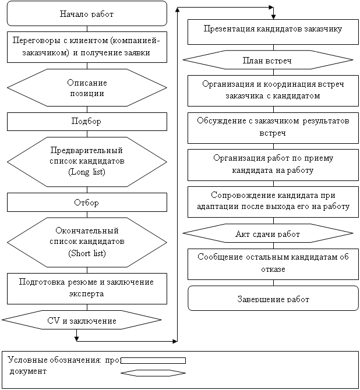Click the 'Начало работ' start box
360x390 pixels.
(x=87, y=13)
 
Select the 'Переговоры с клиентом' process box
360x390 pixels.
(x=87, y=47)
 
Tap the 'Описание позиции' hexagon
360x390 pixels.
(x=87, y=87)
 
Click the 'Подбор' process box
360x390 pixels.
(x=87, y=121)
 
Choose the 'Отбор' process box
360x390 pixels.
(x=87, y=203)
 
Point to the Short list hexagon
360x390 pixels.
(x=87, y=242)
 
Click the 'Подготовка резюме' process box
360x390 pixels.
(x=87, y=288)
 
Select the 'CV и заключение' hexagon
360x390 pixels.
(x=81, y=320)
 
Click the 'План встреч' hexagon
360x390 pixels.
(x=268, y=59)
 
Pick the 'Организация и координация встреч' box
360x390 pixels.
(x=273, y=90)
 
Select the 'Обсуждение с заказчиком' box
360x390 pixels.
(x=273, y=127)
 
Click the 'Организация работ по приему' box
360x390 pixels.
(x=273, y=164)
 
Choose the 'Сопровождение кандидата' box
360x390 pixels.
(x=273, y=201)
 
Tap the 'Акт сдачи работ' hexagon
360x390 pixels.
(x=268, y=233)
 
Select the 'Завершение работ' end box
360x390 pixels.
(x=273, y=299)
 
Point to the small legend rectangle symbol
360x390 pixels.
(x=153, y=360)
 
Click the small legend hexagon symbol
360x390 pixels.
(x=153, y=373)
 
